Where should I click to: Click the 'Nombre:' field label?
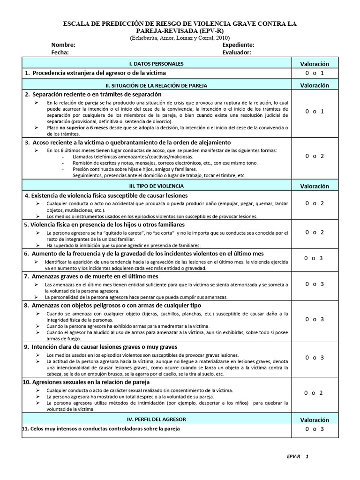[x=63, y=45]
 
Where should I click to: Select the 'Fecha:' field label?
[x=60, y=53]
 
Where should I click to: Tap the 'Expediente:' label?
[x=238, y=45]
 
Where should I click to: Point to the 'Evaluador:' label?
[x=237, y=53]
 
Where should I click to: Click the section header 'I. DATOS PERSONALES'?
[x=156, y=64]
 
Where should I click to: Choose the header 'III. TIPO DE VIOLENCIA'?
[x=156, y=186]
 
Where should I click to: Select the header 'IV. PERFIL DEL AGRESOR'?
[x=156, y=419]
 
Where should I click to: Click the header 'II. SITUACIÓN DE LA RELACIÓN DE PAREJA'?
[x=156, y=86]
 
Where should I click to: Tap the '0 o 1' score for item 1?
[x=315, y=73]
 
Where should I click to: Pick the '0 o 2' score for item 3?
[x=315, y=156]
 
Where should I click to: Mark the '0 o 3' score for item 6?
[x=314, y=258]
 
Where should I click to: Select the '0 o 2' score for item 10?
[x=314, y=393]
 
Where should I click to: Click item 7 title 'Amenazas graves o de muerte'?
[x=91, y=277]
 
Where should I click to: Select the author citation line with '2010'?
[x=180, y=38]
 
